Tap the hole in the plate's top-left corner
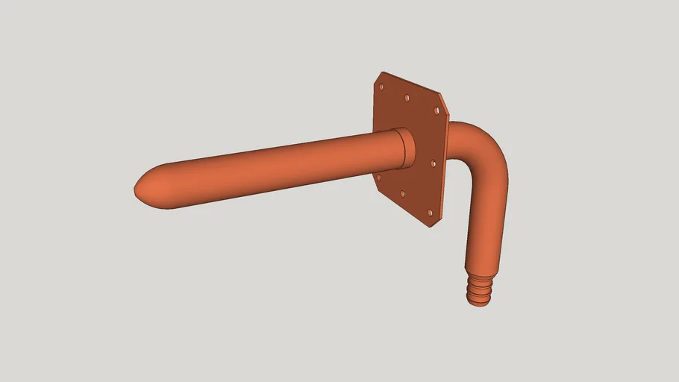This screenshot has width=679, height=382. (x=381, y=87)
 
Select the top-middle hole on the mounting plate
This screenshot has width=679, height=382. (x=407, y=97)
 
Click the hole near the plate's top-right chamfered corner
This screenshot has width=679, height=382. (x=436, y=110)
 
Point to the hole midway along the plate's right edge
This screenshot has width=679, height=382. (x=434, y=163)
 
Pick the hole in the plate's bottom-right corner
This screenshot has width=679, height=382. (x=430, y=213)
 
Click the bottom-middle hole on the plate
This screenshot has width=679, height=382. (x=403, y=194)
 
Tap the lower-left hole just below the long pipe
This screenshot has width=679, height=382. (x=378, y=178)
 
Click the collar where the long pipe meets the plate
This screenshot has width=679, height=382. (x=404, y=148)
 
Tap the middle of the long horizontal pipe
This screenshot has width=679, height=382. (x=269, y=168)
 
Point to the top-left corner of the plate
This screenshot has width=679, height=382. (x=383, y=74)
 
